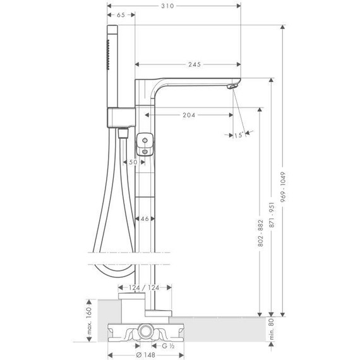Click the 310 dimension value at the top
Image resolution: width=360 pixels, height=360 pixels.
pos(167,6)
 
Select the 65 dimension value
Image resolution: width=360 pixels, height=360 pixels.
pos(121,15)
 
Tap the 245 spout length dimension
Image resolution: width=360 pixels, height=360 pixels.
pos(195,64)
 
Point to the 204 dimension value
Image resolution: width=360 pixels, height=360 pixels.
pos(189,115)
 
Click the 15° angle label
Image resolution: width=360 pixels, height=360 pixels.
pos(239,135)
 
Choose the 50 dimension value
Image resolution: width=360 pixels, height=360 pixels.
pos(133,162)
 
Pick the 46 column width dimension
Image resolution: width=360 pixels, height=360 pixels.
pos(145,219)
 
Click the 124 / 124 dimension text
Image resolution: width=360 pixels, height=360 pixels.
pos(144,287)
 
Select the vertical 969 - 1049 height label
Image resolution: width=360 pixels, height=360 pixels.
pos(283,187)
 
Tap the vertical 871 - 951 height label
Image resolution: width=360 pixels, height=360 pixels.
pos(272,215)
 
